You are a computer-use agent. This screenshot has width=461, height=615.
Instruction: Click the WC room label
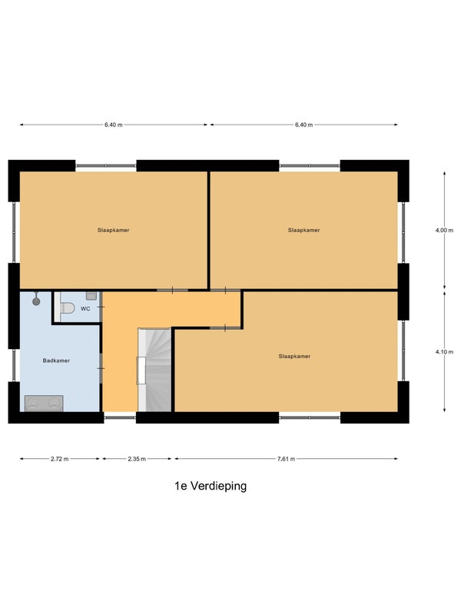click(85, 309)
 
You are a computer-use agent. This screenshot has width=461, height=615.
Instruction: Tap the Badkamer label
click(56, 361)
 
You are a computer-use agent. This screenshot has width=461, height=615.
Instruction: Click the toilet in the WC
click(67, 308)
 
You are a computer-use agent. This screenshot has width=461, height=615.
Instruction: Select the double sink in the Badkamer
click(44, 403)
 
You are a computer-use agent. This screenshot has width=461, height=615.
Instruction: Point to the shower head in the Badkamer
click(36, 301)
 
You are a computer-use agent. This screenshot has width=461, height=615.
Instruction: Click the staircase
click(154, 370)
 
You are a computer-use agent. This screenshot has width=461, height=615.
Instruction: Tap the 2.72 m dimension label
click(60, 459)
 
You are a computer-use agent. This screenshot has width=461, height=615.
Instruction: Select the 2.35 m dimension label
click(137, 459)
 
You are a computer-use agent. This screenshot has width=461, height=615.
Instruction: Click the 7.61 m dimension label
click(286, 459)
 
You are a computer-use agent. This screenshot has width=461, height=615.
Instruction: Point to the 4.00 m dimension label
click(444, 231)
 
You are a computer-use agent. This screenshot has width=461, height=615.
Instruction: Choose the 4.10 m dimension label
click(444, 352)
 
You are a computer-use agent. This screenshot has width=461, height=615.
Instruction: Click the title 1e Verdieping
click(211, 486)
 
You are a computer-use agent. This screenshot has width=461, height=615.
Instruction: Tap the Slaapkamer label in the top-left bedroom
click(113, 230)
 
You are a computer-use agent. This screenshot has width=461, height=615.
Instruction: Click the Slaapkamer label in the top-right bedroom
click(303, 230)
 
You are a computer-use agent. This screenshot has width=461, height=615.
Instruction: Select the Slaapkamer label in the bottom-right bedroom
click(294, 356)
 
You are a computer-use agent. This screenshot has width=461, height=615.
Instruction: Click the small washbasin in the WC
click(91, 296)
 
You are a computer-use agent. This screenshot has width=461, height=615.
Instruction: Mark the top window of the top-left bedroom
click(106, 166)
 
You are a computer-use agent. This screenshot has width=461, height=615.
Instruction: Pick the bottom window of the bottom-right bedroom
click(310, 417)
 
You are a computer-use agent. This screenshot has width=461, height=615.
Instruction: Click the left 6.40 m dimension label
click(113, 125)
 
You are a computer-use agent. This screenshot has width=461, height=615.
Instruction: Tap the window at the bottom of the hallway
click(120, 417)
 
